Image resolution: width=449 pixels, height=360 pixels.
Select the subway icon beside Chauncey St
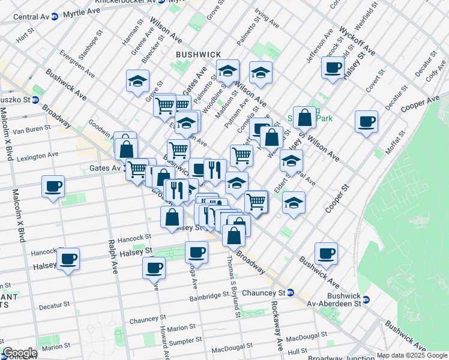(x=291, y=293)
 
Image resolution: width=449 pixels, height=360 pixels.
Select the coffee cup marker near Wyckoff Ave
(x=332, y=68)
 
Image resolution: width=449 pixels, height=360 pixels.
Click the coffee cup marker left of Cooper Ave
(x=366, y=122)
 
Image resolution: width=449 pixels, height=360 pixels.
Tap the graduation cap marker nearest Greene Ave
(x=137, y=81)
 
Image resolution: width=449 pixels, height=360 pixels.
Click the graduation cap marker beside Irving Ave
(x=261, y=73)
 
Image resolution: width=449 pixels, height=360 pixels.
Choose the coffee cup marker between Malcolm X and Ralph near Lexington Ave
(x=53, y=186)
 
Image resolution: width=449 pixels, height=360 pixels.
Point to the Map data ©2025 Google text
(x=412, y=355)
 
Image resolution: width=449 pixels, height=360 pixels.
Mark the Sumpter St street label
(x=184, y=341)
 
